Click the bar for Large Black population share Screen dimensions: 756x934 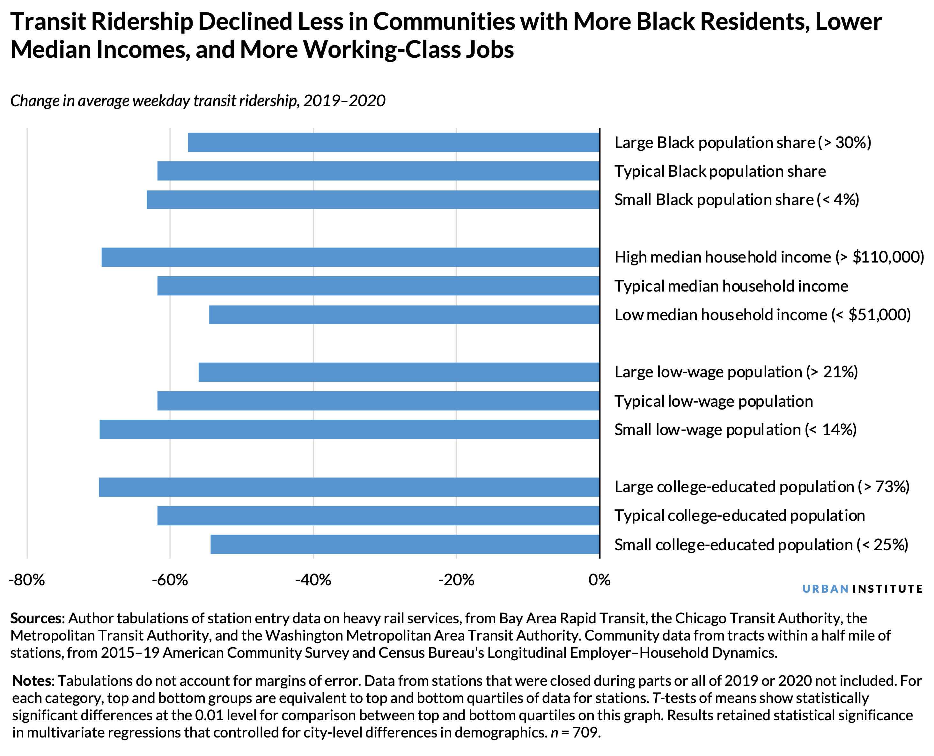393,142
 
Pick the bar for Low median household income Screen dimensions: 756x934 404,315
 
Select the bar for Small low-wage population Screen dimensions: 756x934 349,429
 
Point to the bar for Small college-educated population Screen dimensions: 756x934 405,545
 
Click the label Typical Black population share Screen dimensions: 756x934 720,172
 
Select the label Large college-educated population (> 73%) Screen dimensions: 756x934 762,487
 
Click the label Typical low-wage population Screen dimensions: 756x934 713,401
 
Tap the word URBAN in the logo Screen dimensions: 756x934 825,589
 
